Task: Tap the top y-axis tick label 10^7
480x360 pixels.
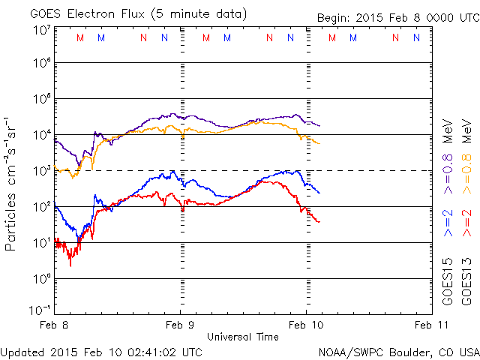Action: coord(42,30)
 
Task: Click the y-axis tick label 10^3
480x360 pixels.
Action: coord(42,170)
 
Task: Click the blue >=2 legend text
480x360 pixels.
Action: coord(448,224)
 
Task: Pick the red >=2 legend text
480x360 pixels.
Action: coord(466,224)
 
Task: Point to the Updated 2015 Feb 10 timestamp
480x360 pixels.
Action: coord(100,351)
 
